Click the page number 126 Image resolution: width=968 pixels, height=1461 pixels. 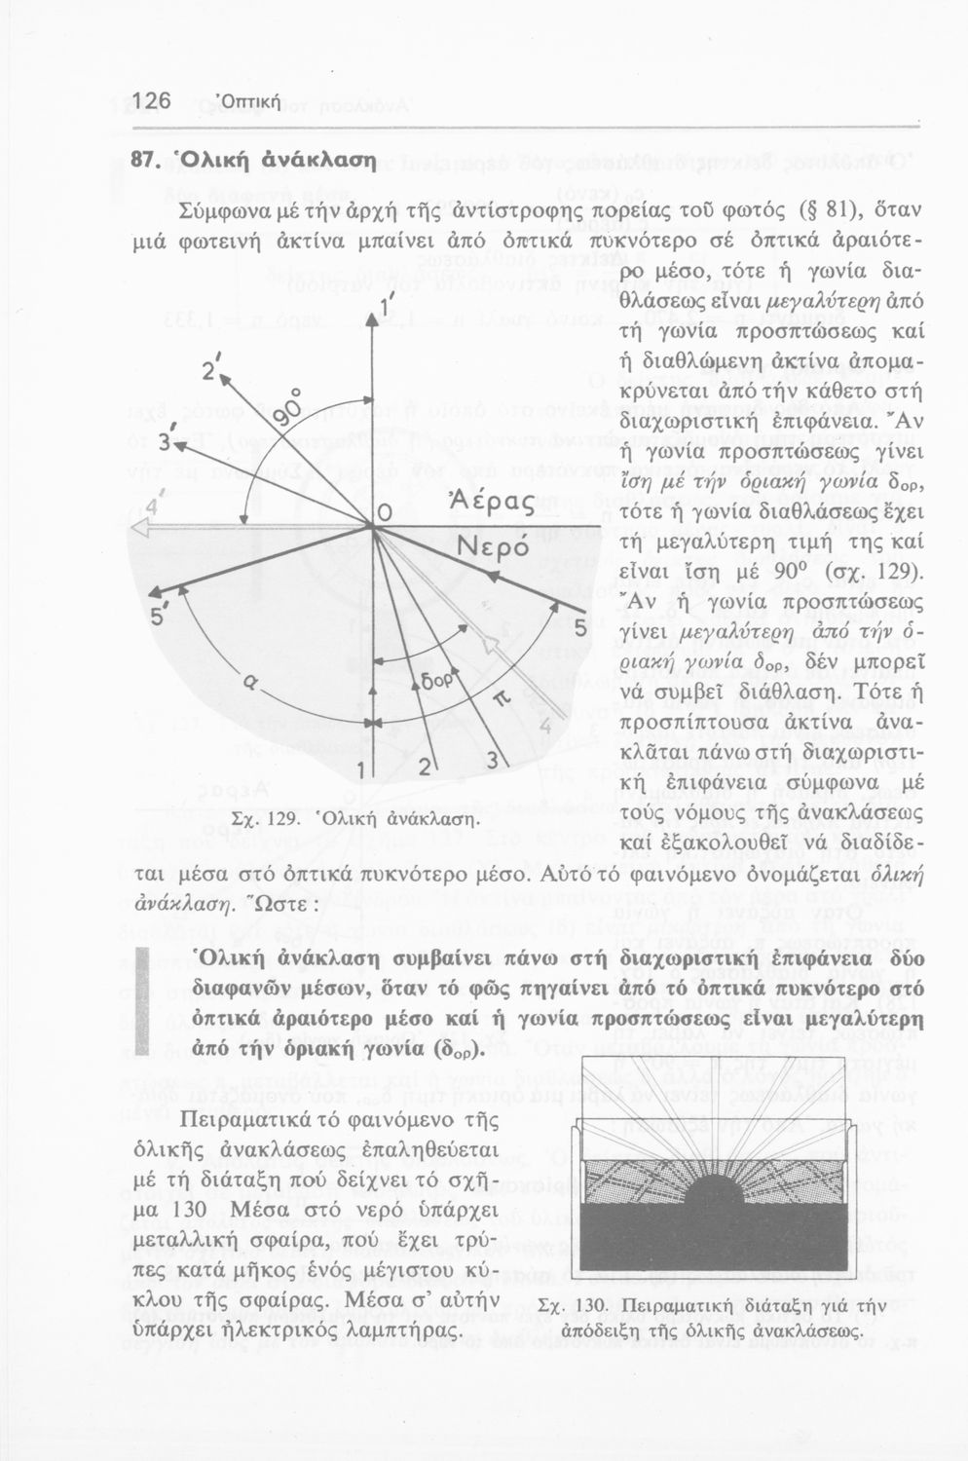pyautogui.click(x=152, y=101)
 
